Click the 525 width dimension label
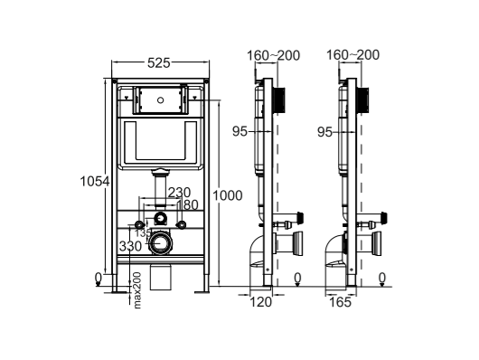tap(159, 63)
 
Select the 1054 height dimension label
tap(95, 182)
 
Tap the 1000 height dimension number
tap(228, 195)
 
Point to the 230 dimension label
tap(179, 193)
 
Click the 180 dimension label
tap(188, 205)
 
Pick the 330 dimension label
tap(130, 246)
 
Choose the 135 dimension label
tap(143, 233)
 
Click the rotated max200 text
tap(137, 290)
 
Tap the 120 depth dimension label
tap(261, 302)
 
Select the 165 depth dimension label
tap(341, 302)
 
